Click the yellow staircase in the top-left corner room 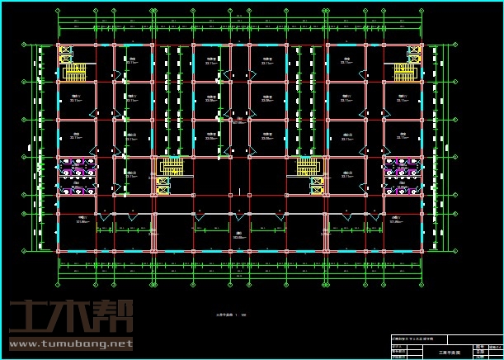point(77,72)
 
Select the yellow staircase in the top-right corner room point(405,72)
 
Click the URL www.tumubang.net point(70,343)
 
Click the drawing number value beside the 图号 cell point(495,346)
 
